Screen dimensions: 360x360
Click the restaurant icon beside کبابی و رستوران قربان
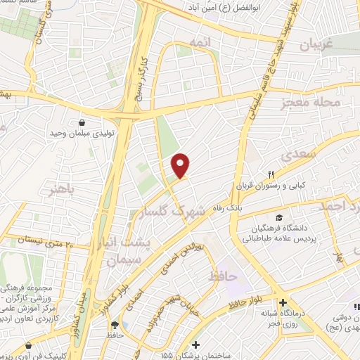[271, 175]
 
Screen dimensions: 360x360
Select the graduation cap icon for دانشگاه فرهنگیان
[280, 217]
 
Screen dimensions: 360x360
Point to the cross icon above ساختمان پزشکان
[196, 345]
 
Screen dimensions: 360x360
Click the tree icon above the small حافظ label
[114, 325]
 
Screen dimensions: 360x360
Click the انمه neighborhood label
[219, 44]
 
